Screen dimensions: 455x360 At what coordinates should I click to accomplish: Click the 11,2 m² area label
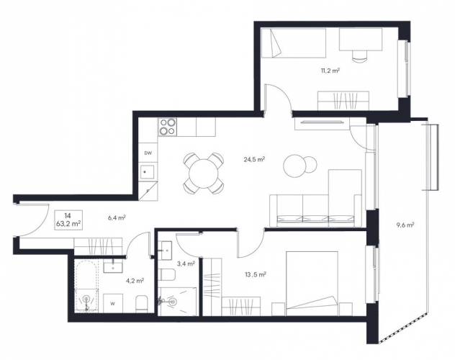click(330, 71)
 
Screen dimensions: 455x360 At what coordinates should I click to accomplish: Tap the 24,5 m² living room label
click(254, 159)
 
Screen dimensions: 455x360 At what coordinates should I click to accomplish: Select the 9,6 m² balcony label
click(405, 225)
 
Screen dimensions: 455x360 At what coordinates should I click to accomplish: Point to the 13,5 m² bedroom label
click(256, 274)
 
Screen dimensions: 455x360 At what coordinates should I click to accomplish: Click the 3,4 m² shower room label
click(186, 264)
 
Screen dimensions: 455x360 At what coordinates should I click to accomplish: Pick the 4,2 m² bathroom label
click(135, 281)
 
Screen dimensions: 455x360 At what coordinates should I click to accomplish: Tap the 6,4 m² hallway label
click(117, 217)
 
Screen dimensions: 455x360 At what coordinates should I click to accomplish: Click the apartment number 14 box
click(68, 220)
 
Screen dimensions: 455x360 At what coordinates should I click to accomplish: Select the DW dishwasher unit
click(148, 153)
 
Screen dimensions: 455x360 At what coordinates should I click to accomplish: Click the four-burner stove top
click(168, 127)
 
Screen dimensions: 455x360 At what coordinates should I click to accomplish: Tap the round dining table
click(204, 174)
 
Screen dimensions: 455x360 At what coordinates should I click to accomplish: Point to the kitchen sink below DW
click(148, 172)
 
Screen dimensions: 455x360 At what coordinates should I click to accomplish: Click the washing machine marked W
click(113, 303)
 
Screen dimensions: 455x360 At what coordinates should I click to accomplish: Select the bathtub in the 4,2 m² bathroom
click(86, 286)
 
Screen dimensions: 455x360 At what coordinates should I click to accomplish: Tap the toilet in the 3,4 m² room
click(168, 274)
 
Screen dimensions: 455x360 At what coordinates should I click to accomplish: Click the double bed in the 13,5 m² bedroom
click(312, 284)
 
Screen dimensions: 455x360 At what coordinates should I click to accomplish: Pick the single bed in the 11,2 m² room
click(294, 42)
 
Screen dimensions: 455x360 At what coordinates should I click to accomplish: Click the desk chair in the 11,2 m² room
click(360, 55)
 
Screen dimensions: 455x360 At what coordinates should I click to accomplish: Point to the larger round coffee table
click(295, 166)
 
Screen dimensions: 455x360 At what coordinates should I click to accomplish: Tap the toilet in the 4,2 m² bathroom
click(142, 304)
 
